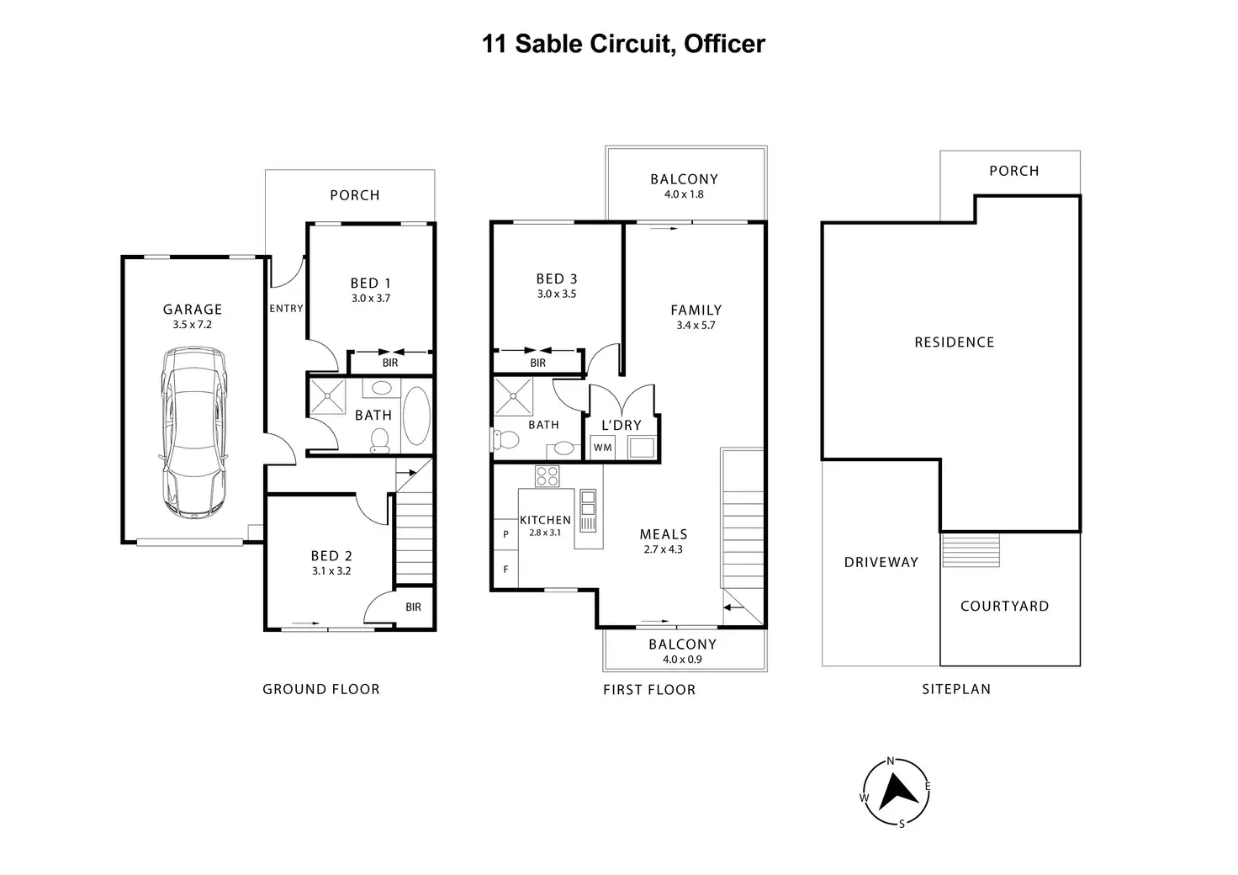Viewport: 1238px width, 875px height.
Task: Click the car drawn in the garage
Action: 193,432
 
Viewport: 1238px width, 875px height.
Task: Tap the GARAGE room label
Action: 193,310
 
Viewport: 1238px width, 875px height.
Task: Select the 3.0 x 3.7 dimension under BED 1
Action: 371,299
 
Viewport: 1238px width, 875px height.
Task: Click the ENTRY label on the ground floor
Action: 286,309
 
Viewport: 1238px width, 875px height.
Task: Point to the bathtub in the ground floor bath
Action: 416,416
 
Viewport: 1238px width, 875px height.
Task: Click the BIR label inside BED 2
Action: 414,607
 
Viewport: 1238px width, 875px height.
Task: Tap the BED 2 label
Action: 331,556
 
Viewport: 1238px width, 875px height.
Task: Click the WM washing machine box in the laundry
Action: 603,447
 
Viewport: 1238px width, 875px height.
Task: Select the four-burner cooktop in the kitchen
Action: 548,476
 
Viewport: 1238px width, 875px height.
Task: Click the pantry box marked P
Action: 505,534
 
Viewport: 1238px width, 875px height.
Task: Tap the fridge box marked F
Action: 505,569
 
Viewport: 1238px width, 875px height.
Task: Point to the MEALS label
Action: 664,534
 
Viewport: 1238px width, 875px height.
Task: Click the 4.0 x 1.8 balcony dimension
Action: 685,194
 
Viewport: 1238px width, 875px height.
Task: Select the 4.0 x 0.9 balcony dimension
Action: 683,660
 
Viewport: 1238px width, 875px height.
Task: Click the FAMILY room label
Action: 696,310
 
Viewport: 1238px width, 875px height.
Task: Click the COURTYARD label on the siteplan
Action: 1005,607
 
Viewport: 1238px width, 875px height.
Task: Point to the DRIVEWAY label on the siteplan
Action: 881,562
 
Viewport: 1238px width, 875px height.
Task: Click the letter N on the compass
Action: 891,761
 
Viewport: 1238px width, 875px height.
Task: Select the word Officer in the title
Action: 725,44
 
